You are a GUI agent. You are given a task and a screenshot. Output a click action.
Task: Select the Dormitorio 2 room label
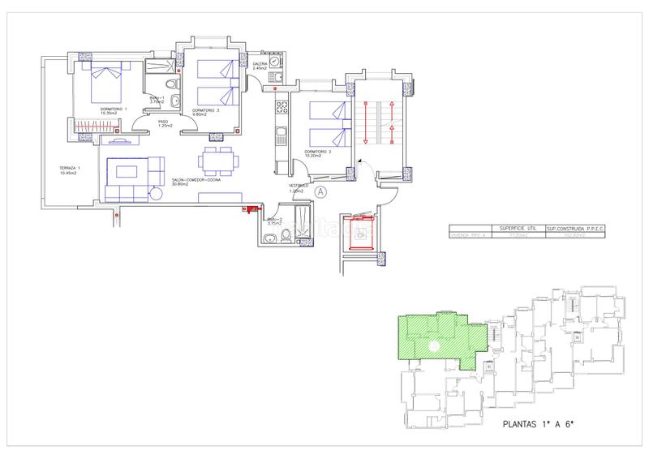point(318,152)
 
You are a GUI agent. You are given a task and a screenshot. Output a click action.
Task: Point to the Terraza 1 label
point(62,169)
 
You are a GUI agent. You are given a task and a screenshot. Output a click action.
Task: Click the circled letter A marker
point(320,192)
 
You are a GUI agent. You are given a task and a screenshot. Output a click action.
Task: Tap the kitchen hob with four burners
point(282,105)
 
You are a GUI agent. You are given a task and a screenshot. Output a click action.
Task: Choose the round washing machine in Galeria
point(276,62)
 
